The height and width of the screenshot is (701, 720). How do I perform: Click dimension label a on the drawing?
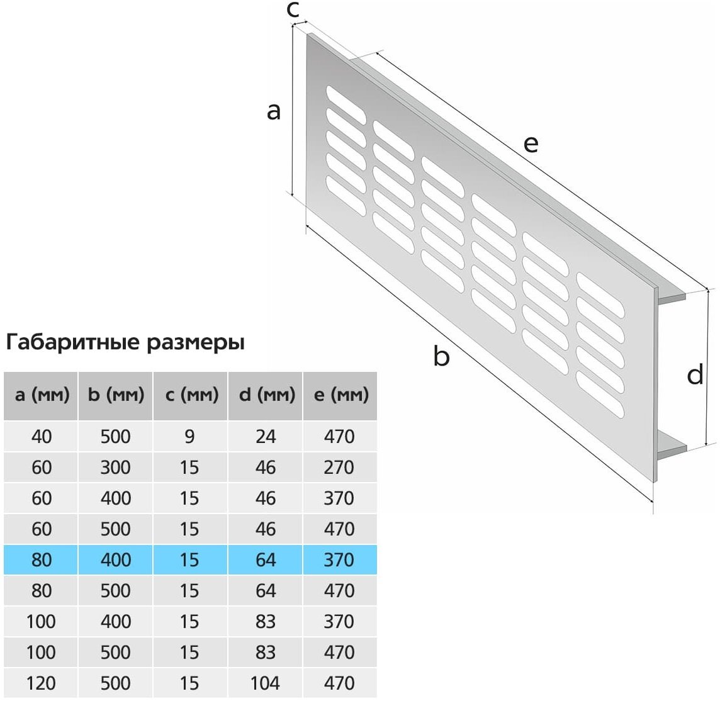pos(273,111)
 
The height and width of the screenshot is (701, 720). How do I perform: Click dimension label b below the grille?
pos(441,357)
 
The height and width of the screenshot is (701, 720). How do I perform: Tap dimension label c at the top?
pos(293,10)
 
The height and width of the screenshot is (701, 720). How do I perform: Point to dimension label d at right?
pos(695,375)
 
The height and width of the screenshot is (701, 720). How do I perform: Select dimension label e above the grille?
pos(531,144)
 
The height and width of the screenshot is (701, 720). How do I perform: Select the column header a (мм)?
pos(42,395)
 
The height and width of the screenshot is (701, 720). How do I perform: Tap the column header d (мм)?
pos(266,395)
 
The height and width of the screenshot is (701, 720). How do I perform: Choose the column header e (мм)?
pos(340,395)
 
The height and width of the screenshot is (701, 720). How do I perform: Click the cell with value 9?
pos(189,436)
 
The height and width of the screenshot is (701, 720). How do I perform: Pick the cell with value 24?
pos(266,436)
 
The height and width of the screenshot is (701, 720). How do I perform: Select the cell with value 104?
pos(266,683)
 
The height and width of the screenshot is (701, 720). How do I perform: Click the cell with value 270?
pos(339,467)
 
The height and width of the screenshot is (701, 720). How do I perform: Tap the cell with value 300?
pos(116,467)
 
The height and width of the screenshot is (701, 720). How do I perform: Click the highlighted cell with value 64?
pos(266,559)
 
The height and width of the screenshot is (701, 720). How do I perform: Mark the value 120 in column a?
pos(42,683)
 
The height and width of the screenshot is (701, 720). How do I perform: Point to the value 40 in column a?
pos(42,436)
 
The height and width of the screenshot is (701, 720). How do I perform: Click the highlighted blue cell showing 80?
pos(42,559)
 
